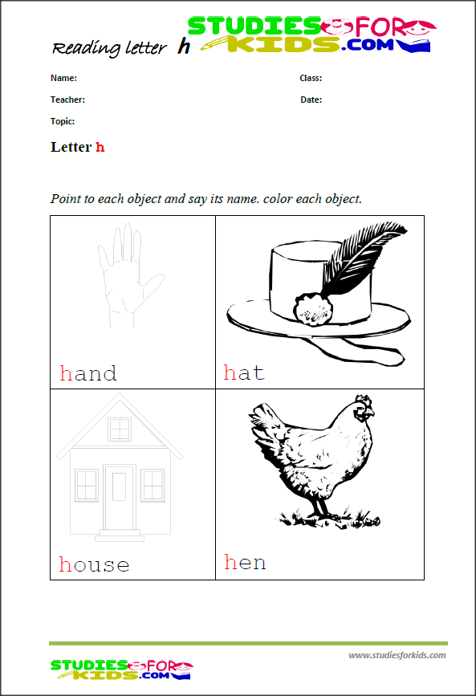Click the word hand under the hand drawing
[88, 374]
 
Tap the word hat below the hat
[244, 372]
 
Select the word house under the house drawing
[94, 564]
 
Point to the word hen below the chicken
[245, 562]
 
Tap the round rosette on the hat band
[312, 309]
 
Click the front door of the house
[120, 497]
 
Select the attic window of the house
[120, 429]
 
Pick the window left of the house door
[87, 485]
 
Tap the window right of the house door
[153, 485]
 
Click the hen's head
[363, 409]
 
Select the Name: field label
[63, 78]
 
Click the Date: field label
[311, 100]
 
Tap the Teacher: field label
[67, 100]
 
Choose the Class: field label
[311, 78]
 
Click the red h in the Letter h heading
[100, 147]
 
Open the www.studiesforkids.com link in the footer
[397, 655]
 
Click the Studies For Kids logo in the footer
[120, 670]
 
